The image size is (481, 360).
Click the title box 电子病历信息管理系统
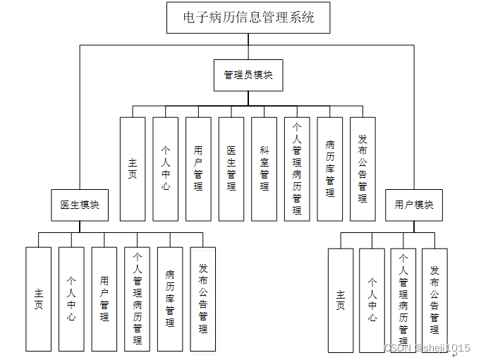tap(248, 18)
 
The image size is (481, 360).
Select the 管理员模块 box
tap(248, 75)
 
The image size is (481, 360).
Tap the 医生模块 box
tap(80, 205)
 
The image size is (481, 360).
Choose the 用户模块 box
tap(414, 205)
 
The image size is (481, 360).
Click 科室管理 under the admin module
tap(264, 169)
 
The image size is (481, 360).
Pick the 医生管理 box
tap(231, 169)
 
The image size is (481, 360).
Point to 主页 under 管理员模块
tap(133, 169)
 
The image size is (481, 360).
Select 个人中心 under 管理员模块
tap(166, 169)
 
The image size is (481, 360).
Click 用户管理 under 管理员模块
tap(198, 169)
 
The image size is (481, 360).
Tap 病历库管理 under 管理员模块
tap(329, 169)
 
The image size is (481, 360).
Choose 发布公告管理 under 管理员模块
tap(363, 169)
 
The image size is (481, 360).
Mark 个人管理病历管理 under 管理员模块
tap(297, 169)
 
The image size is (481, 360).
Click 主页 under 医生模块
tap(38, 299)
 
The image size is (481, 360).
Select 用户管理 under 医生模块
tap(104, 299)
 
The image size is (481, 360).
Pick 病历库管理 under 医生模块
tap(170, 299)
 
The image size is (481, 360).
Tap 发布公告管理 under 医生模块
tap(203, 299)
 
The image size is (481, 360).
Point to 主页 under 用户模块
tap(341, 300)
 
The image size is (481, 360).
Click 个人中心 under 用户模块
tap(372, 300)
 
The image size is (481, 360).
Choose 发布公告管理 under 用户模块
tap(435, 300)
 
